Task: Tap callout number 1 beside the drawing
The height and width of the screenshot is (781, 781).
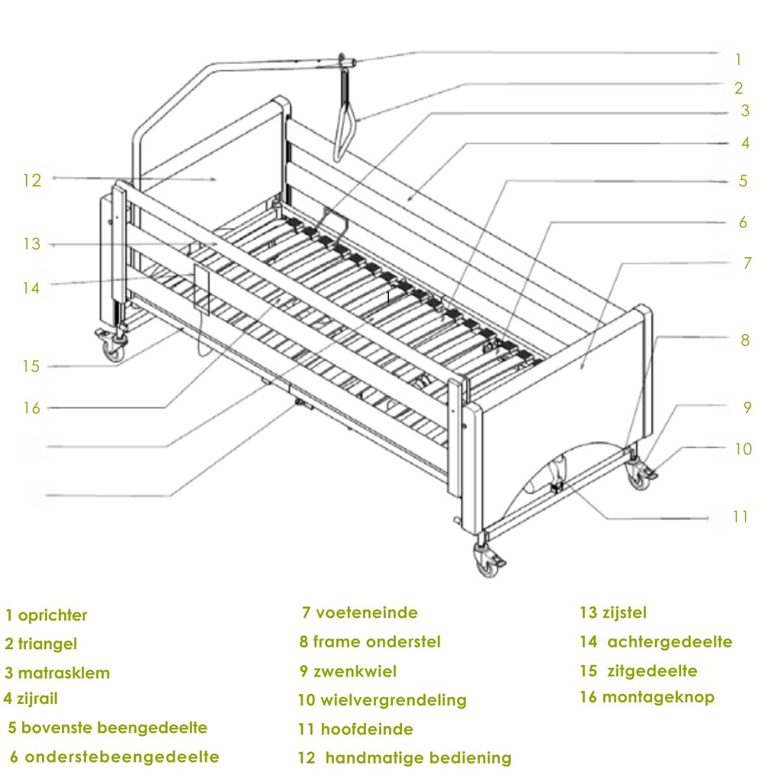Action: [x=738, y=59]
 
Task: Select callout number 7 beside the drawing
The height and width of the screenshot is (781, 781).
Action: [x=747, y=263]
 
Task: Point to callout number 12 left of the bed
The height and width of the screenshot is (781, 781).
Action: [x=31, y=180]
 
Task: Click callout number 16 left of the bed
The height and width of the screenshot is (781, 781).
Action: [x=31, y=408]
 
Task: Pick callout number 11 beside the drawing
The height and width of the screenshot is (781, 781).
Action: [x=741, y=516]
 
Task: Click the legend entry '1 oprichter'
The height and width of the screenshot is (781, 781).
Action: [x=47, y=615]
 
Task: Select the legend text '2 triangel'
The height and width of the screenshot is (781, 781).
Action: [x=41, y=644]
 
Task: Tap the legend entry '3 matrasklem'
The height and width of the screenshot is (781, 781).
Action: [x=57, y=673]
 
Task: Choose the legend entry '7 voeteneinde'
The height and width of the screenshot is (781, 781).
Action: [x=360, y=612]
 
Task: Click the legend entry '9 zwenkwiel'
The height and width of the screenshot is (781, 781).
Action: [x=349, y=671]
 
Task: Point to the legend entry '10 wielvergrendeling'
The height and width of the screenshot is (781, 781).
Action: [x=382, y=699]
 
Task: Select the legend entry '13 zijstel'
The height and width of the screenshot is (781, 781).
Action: [x=613, y=612]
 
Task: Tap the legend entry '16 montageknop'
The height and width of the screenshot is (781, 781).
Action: [x=647, y=696]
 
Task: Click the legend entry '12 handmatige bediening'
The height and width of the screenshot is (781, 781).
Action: [x=405, y=757]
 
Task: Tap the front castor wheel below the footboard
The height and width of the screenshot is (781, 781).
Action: [x=486, y=563]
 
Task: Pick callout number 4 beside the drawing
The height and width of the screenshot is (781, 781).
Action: [x=745, y=143]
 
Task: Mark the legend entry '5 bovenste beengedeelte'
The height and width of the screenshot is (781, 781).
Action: [x=108, y=728]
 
